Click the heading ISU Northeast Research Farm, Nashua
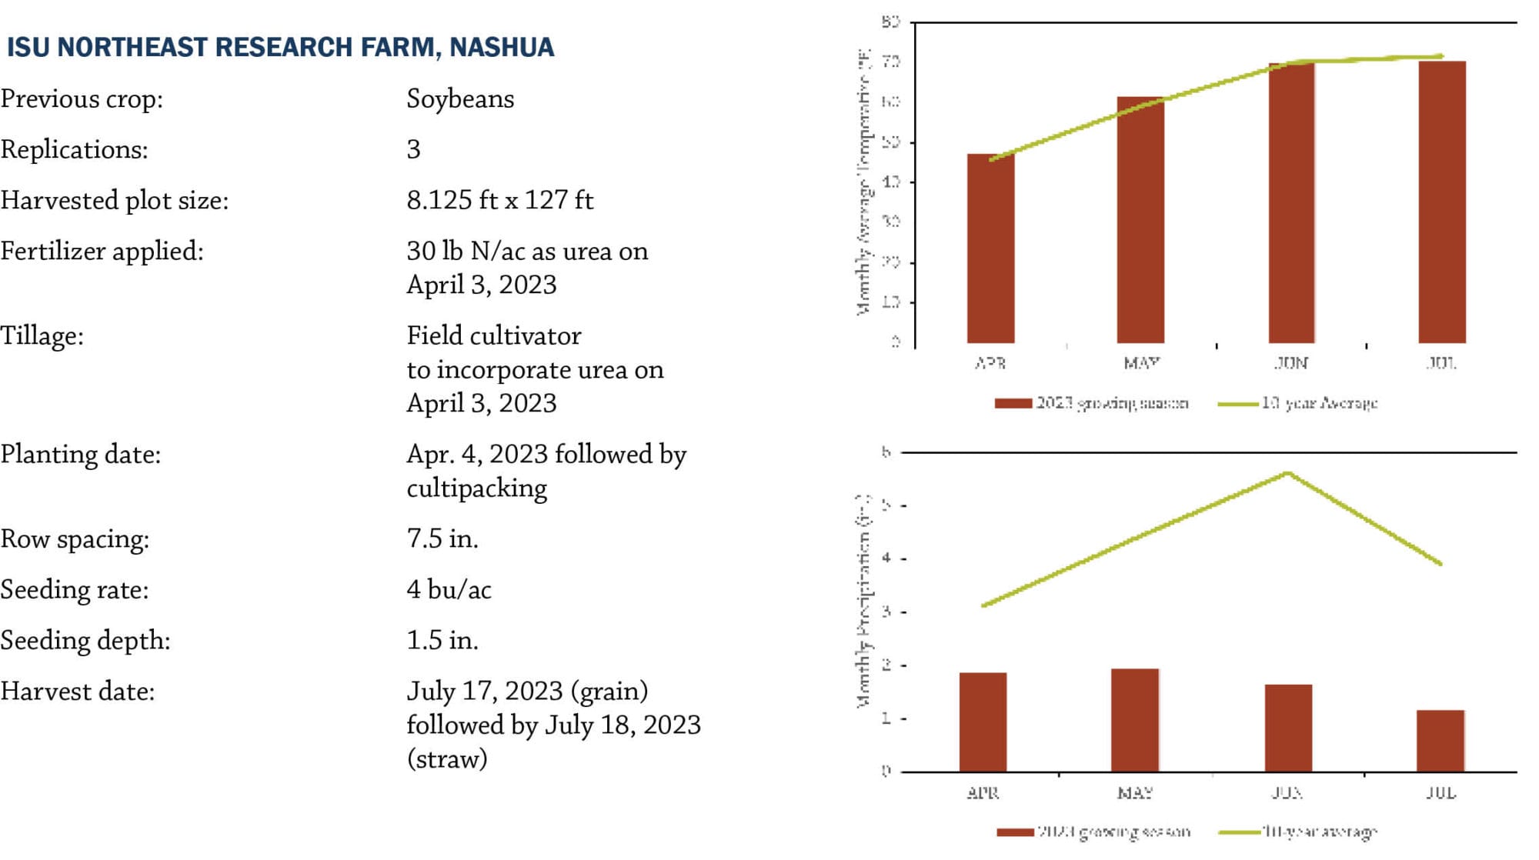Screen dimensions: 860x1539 pos(280,48)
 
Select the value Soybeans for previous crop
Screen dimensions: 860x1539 pos(460,99)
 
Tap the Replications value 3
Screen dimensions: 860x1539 pos(414,149)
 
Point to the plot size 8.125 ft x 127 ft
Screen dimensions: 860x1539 pos(499,200)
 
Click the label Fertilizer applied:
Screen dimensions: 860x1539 pos(102,251)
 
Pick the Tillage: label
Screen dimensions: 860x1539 pos(42,336)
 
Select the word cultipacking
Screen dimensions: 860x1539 pos(476,488)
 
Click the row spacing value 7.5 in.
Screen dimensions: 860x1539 pos(442,538)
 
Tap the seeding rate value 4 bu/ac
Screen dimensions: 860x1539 pos(449,590)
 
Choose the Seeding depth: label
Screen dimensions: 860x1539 pos(85,640)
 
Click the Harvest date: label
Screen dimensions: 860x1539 pos(78,691)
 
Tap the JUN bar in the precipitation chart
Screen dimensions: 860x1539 pos(1289,728)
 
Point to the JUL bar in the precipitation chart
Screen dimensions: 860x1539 pos(1441,741)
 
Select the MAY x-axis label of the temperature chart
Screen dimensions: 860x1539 pos(1141,363)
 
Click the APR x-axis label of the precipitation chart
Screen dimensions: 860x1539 pos(983,792)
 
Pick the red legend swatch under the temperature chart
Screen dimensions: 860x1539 pos(1013,403)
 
